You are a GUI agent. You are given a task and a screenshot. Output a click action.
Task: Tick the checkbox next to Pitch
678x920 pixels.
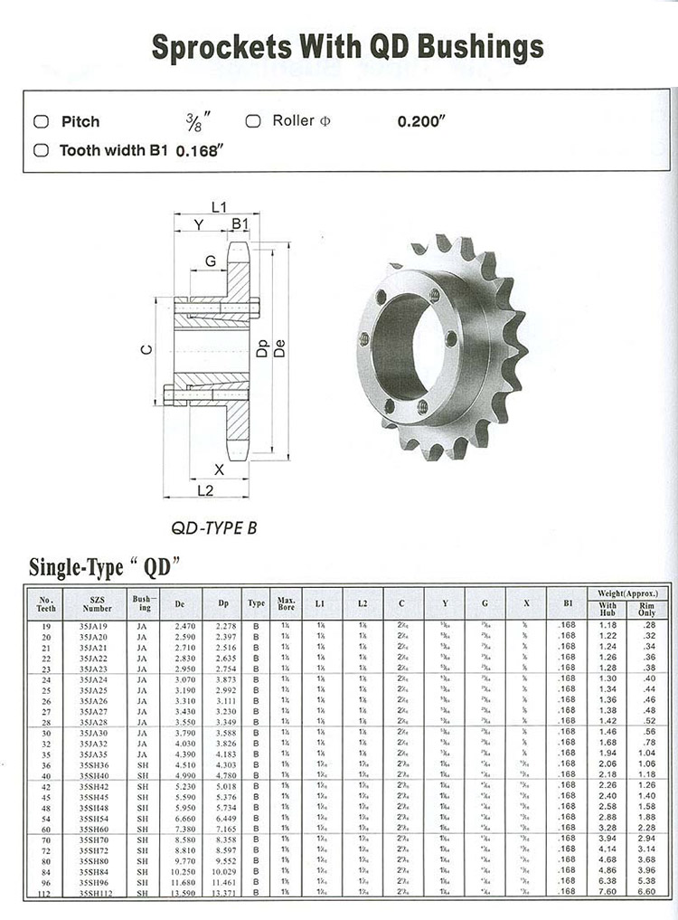point(41,122)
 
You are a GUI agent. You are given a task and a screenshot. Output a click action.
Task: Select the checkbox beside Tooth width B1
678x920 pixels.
point(41,151)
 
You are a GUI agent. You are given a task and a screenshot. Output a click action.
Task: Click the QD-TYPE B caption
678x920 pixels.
point(213,526)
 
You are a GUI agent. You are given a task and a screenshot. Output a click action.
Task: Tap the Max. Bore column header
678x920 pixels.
point(287,603)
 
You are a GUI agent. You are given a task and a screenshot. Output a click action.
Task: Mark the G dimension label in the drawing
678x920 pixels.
point(211,261)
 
